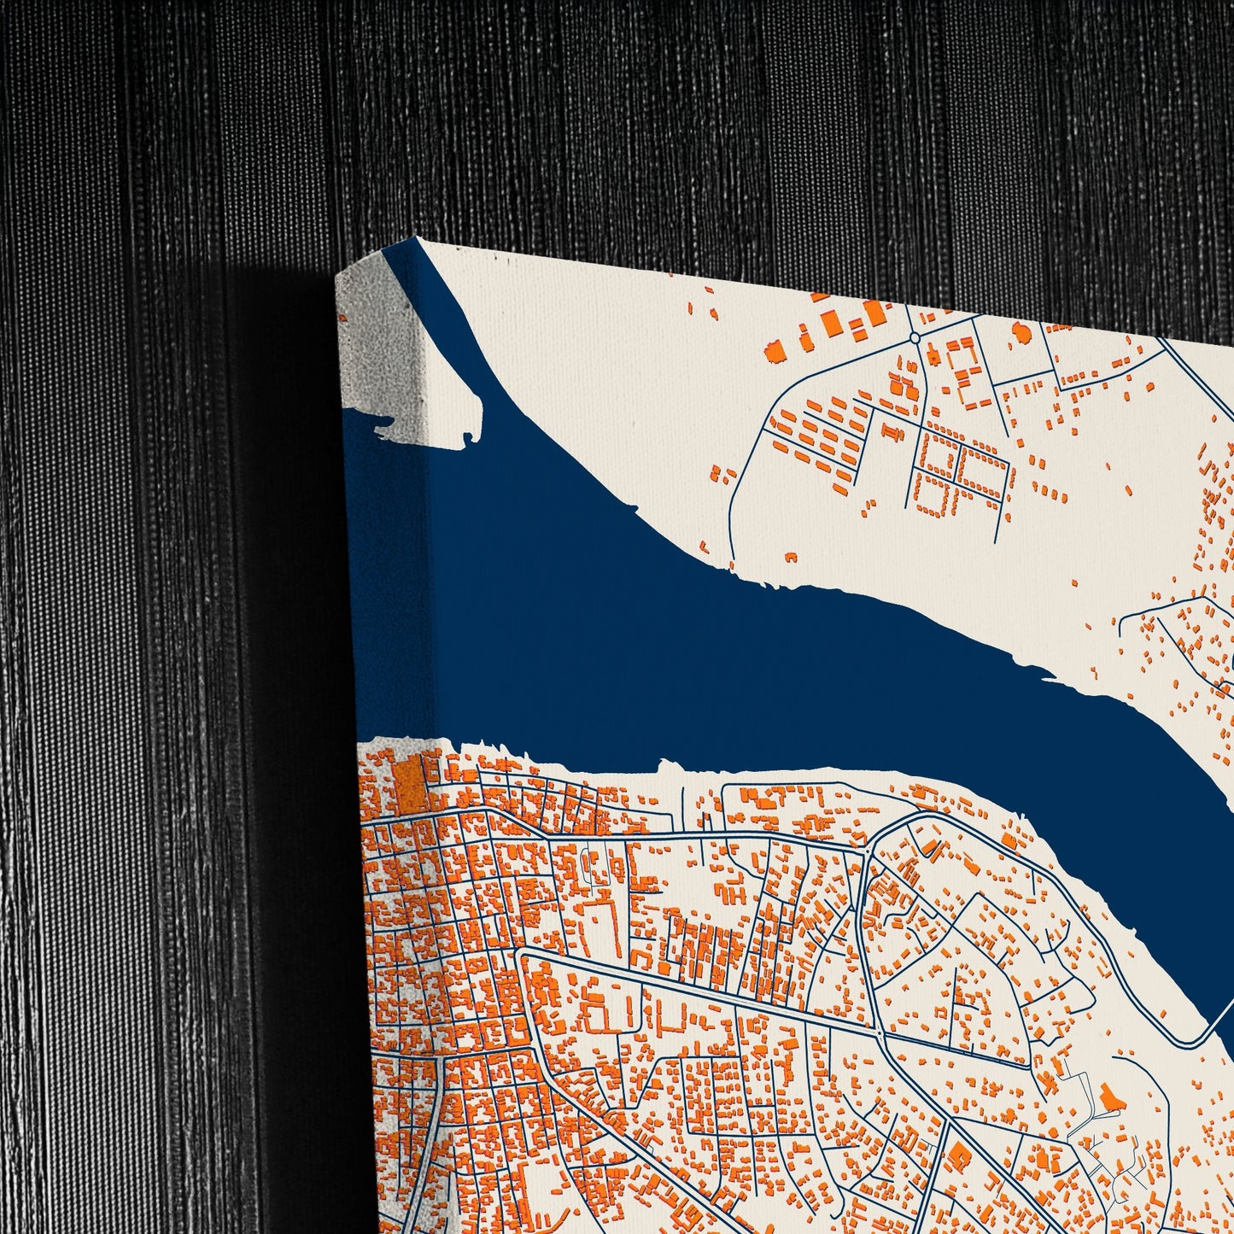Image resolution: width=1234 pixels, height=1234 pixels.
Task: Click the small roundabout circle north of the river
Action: (915, 338)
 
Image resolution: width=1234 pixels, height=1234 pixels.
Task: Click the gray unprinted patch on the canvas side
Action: (379, 342)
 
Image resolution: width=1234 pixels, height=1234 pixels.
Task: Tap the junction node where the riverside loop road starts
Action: (868, 851)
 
